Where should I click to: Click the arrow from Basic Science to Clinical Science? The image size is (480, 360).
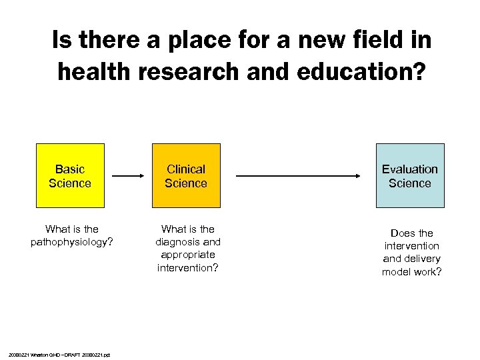pyautogui.click(x=128, y=176)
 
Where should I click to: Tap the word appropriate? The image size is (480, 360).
pyautogui.click(x=188, y=255)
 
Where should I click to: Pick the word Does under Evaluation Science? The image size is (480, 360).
pyautogui.click(x=403, y=233)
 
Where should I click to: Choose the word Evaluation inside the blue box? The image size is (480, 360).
pyautogui.click(x=409, y=169)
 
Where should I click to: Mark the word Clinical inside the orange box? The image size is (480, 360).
pyautogui.click(x=186, y=169)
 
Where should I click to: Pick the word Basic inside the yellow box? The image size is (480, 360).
pyautogui.click(x=70, y=169)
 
